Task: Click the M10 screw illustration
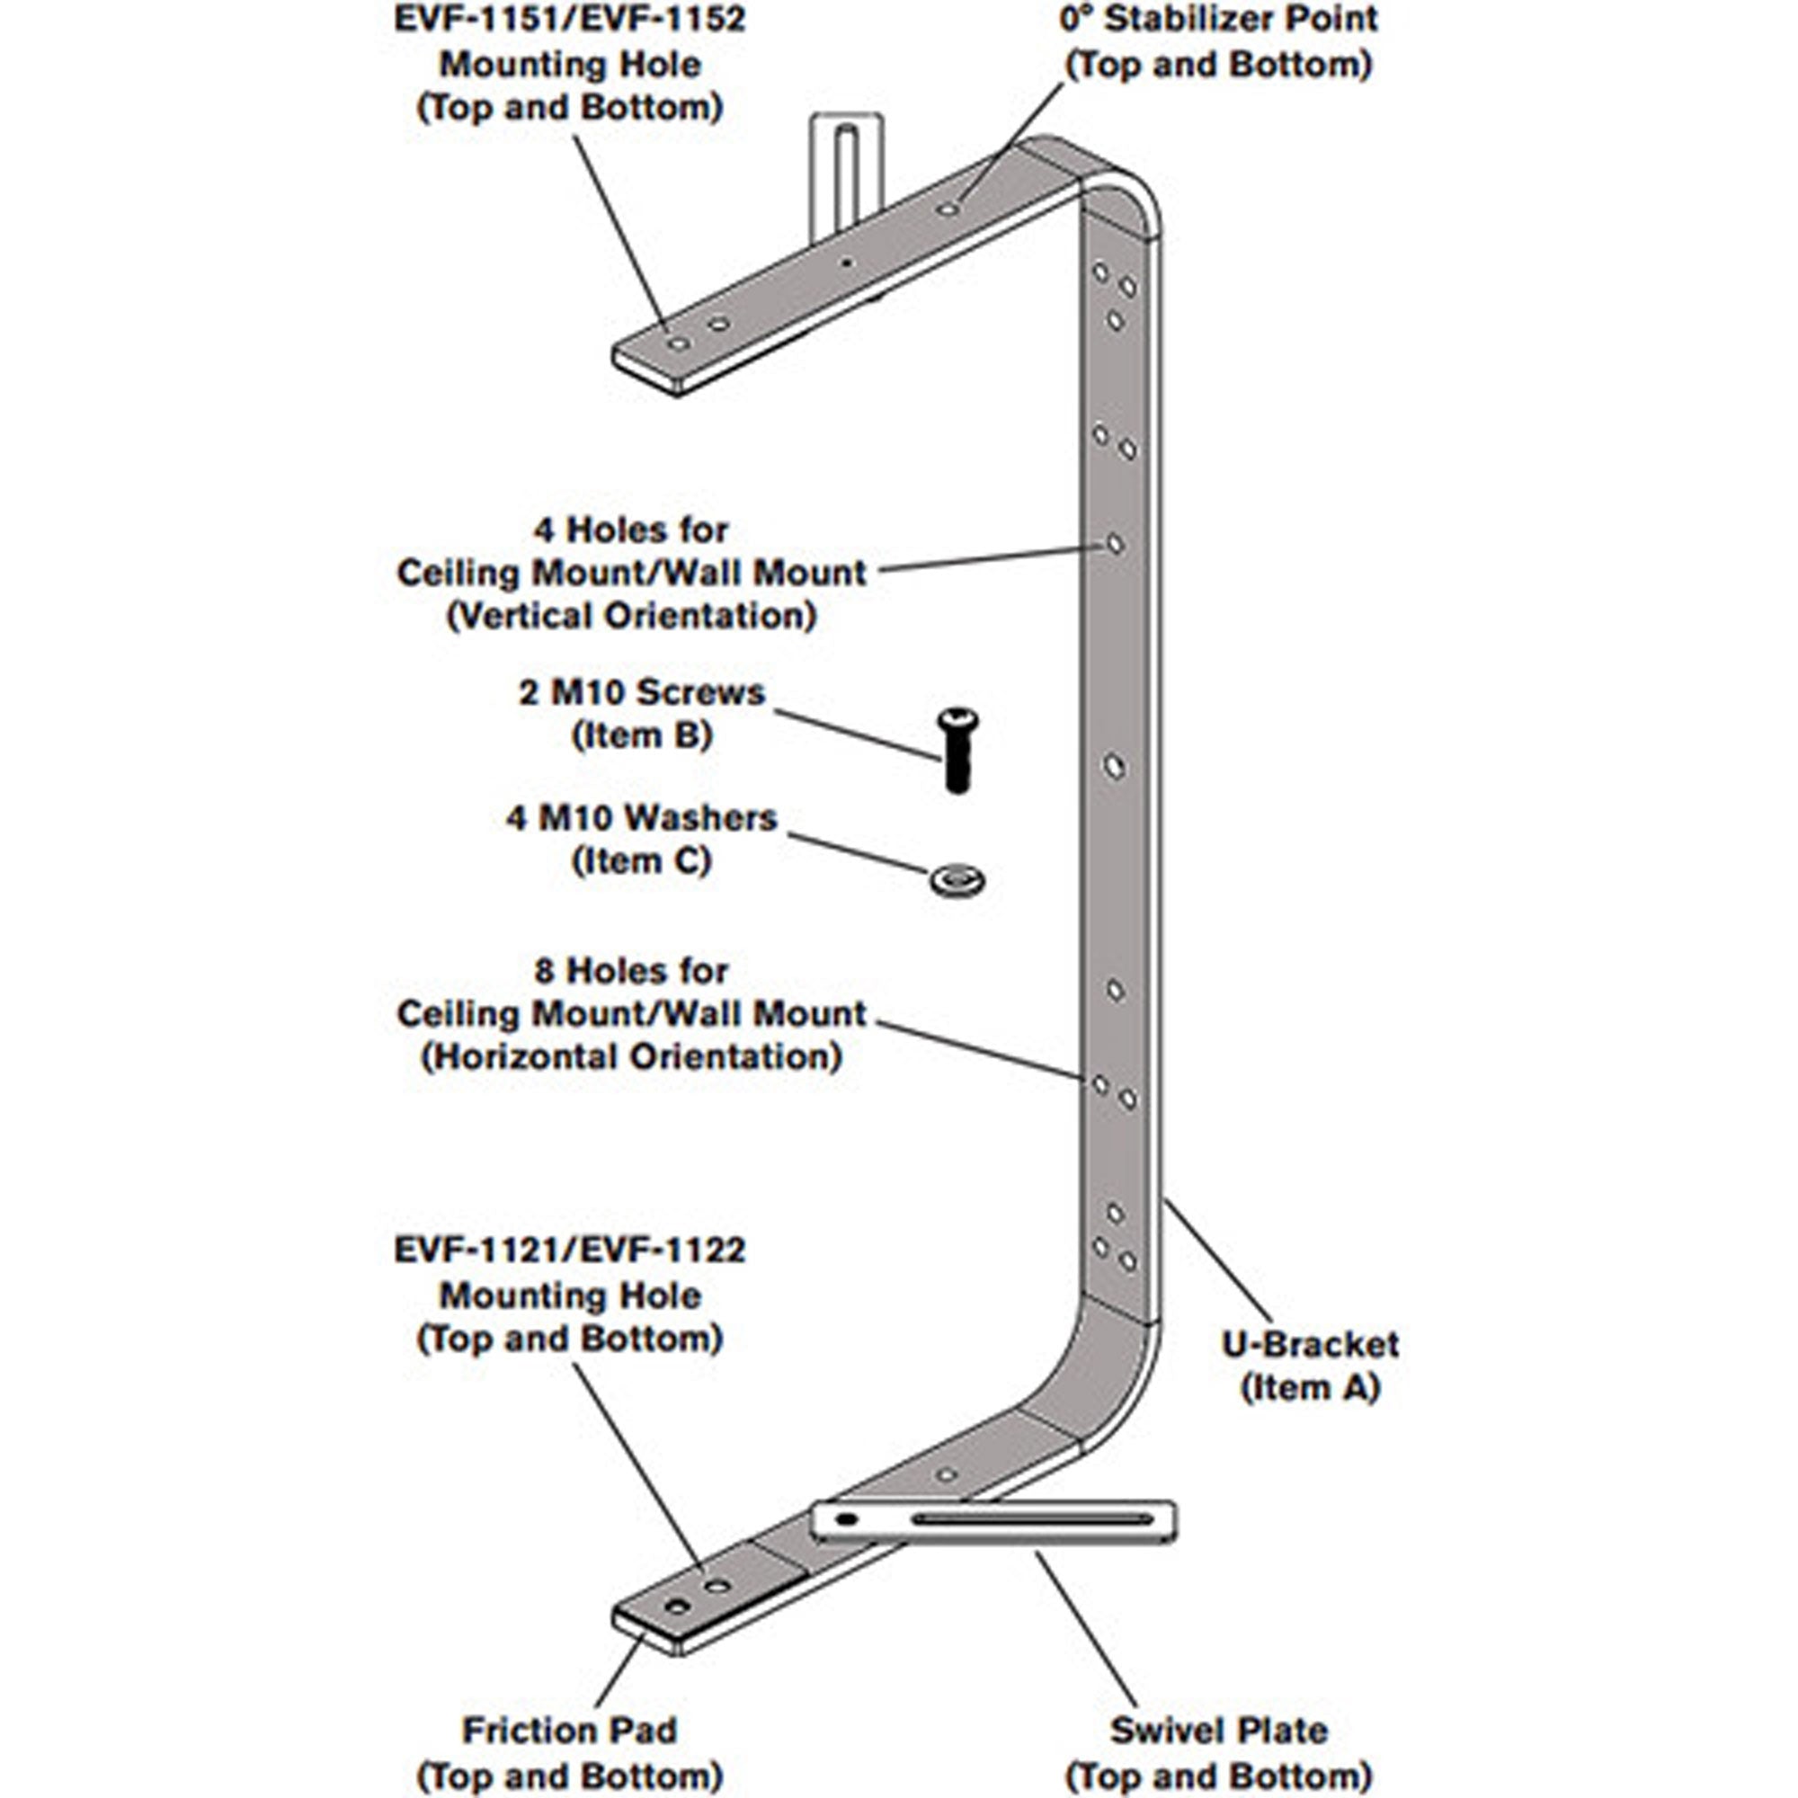click(957, 751)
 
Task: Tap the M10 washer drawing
click(957, 878)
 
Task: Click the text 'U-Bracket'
click(1310, 1344)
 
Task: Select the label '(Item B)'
click(642, 735)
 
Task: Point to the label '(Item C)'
click(642, 861)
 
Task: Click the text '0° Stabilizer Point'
click(1218, 19)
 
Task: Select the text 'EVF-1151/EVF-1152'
click(570, 19)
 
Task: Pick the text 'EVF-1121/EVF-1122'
click(570, 1250)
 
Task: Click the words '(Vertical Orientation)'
click(632, 615)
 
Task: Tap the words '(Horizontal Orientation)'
click(632, 1056)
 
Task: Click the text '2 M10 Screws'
click(642, 692)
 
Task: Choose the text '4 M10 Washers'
click(642, 818)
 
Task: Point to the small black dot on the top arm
click(846, 263)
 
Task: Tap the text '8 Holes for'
click(632, 971)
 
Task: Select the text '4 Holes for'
click(632, 530)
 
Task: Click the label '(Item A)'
click(1310, 1387)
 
